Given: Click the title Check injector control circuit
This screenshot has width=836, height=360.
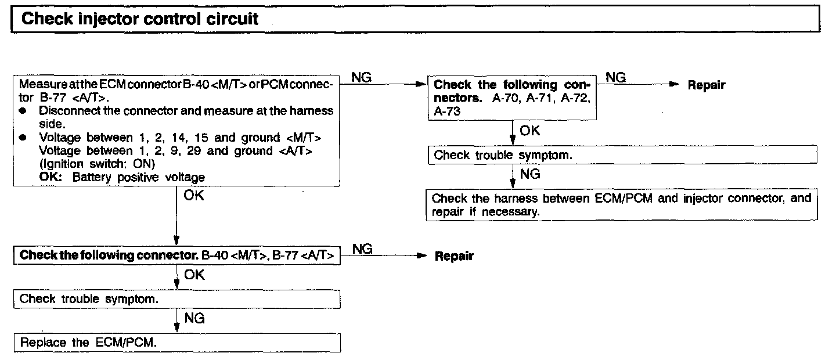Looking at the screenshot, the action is [x=139, y=19].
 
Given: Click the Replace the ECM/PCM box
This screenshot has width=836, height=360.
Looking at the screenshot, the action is [x=176, y=343].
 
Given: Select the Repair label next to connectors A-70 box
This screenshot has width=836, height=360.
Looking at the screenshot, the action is [x=706, y=85].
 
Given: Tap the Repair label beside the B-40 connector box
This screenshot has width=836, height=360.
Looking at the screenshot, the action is [x=454, y=256].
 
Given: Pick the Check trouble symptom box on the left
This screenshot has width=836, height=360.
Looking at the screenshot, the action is [x=176, y=299].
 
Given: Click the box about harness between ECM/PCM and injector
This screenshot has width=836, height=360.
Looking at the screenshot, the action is [x=622, y=205].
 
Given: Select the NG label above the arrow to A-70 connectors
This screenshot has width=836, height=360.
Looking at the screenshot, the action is [x=362, y=77].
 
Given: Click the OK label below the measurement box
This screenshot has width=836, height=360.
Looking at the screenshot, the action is [x=194, y=196].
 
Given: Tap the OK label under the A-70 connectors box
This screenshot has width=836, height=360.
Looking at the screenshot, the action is [x=529, y=131].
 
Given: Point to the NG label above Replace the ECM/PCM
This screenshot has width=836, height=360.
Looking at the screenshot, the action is [x=194, y=318].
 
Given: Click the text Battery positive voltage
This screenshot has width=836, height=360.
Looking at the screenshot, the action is [x=139, y=177].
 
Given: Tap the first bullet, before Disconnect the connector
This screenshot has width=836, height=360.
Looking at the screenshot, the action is [x=23, y=110].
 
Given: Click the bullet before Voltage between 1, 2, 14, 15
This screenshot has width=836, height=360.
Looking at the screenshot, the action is [x=23, y=138].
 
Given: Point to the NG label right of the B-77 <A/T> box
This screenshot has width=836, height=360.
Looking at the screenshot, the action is [x=362, y=249].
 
